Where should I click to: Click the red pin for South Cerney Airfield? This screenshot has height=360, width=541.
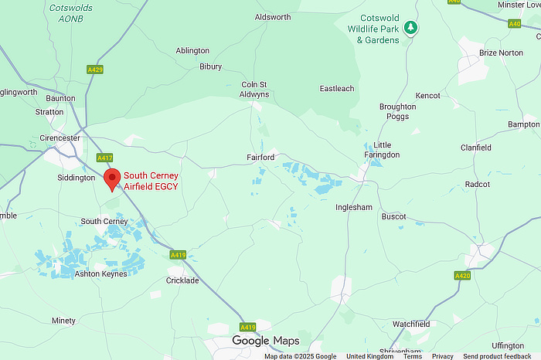coord(112,178)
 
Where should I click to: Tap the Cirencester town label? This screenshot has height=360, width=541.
coord(60,138)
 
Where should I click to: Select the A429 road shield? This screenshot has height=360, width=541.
coord(95,70)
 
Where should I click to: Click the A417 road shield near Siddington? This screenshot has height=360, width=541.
coord(105,158)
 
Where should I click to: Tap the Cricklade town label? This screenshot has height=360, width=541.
coord(182,280)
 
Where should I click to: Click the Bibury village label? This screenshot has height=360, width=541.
coord(210,67)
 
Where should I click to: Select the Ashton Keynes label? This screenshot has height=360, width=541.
coord(100,273)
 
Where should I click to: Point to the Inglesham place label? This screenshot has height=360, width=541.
coord(355,208)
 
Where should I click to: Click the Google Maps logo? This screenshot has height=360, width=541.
coord(266,341)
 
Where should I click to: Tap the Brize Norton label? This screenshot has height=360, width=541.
coord(501,53)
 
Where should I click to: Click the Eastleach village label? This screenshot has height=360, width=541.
coord(337,89)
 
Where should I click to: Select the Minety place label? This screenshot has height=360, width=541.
coord(63,321)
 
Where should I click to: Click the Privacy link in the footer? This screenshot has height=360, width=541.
coord(443,356)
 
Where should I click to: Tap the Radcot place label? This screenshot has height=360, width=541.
coord(477,185)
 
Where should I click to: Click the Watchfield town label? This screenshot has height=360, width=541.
coord(411,324)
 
